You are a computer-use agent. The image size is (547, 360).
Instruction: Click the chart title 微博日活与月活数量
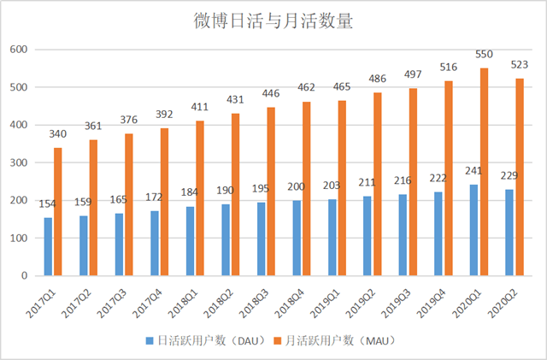tap(273, 21)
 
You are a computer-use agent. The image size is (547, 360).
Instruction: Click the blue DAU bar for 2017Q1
tap(48, 247)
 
